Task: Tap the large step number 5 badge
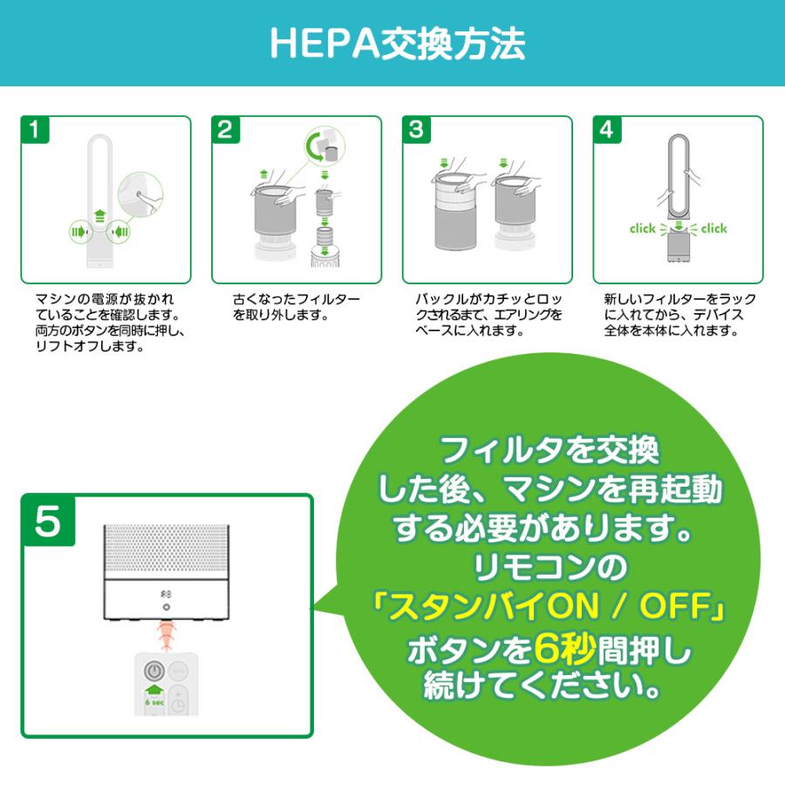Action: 49,522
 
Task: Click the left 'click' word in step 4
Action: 642,229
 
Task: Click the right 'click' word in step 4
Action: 713,229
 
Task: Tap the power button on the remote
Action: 154,672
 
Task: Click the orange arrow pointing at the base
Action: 166,631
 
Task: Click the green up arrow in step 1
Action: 99,215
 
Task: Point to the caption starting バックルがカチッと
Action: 488,314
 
